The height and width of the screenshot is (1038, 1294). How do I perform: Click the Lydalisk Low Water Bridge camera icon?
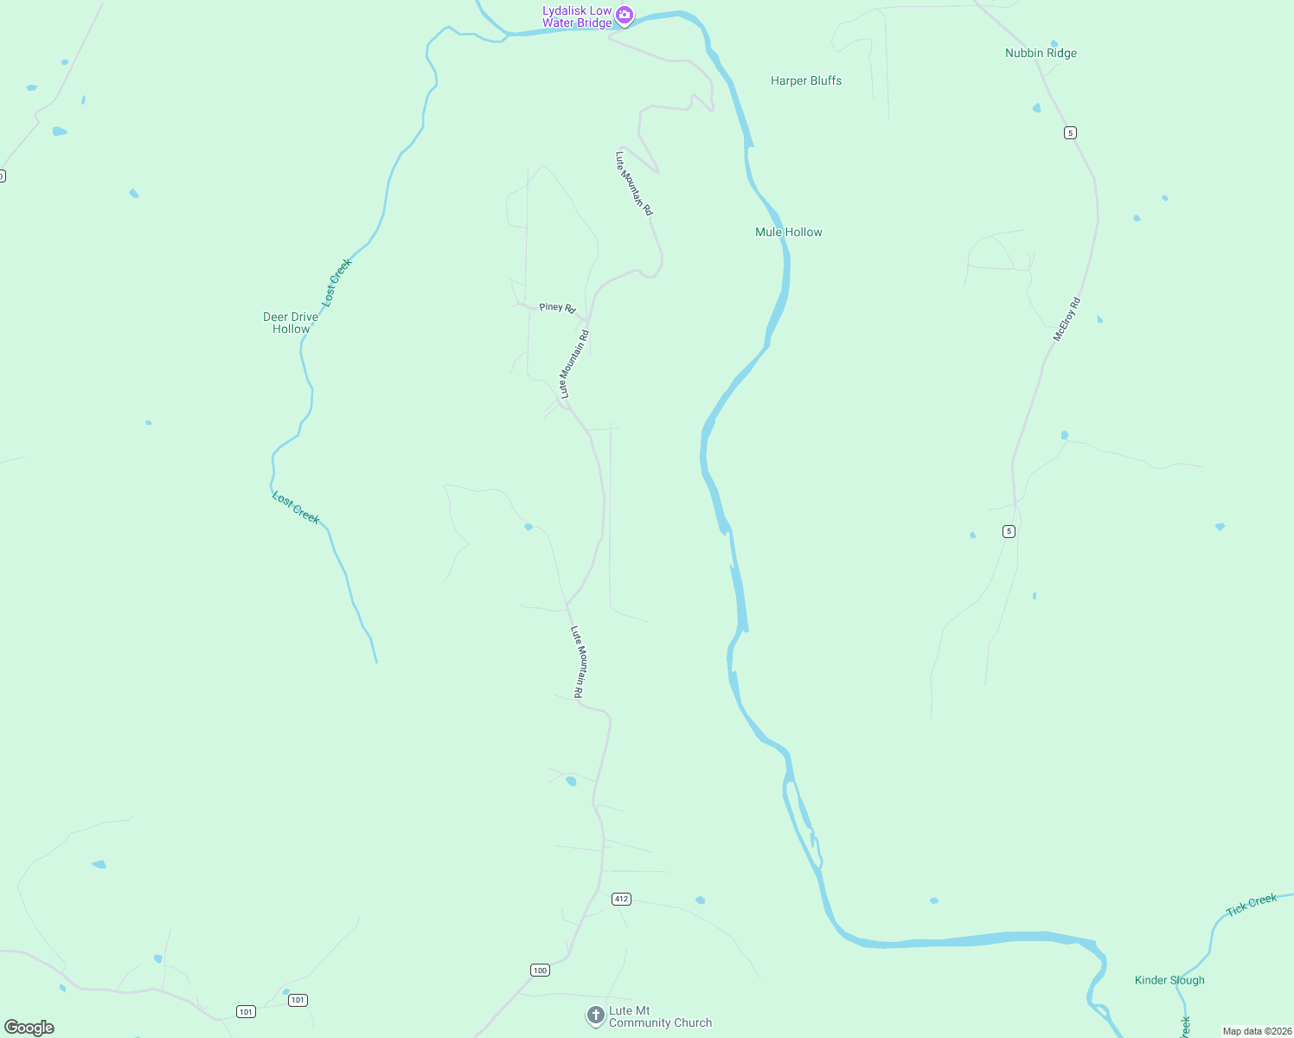click(625, 15)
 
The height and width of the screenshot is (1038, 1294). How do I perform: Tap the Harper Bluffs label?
click(806, 80)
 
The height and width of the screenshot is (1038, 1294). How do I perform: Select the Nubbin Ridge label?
click(1041, 53)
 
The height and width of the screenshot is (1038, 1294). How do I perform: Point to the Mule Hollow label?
click(789, 232)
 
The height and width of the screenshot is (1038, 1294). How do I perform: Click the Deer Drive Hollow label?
click(291, 323)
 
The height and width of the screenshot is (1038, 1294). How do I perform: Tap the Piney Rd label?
click(557, 307)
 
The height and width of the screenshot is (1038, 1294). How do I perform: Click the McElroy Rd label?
click(1067, 319)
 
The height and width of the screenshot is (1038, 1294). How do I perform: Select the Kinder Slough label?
click(1169, 980)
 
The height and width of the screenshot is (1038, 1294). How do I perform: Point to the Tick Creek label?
click(1252, 905)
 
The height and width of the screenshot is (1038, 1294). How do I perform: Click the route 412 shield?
click(621, 899)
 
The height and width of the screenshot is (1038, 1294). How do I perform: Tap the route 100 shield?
click(541, 970)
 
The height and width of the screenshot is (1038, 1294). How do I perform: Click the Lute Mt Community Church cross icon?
click(595, 1015)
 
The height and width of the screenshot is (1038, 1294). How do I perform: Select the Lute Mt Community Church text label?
click(660, 1016)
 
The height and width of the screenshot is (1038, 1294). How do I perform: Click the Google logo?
click(29, 1028)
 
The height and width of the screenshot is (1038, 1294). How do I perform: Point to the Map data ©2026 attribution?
click(1257, 1031)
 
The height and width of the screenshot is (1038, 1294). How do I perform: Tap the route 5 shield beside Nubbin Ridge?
click(1071, 132)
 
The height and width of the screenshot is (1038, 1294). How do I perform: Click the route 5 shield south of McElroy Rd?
click(1009, 531)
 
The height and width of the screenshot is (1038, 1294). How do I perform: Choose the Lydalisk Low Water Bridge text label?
click(577, 16)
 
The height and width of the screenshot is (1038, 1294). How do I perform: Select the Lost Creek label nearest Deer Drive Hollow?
click(337, 282)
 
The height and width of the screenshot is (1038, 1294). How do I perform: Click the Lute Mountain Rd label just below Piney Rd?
click(574, 364)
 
